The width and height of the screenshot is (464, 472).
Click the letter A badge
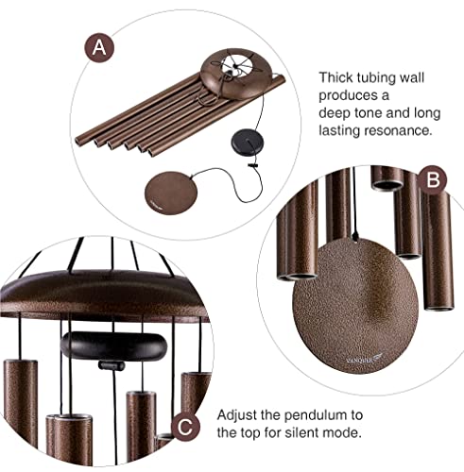pyautogui.click(x=97, y=47)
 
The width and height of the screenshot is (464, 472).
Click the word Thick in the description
pyautogui.click(x=337, y=77)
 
